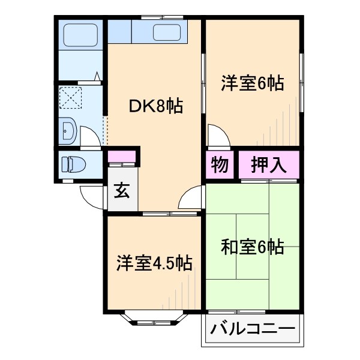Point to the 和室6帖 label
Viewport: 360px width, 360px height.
point(252,247)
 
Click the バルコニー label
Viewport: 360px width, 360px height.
point(252,331)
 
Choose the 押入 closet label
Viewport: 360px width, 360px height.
point(269,164)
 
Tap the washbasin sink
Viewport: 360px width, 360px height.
point(67,129)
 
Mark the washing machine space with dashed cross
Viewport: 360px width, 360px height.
point(71,98)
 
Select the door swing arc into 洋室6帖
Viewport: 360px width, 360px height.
point(218,134)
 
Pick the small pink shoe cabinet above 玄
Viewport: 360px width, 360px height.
point(122,157)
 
